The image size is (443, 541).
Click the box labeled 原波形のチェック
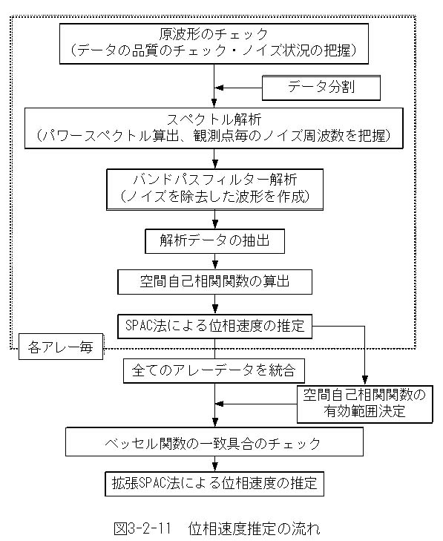[214, 44]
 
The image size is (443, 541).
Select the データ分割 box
[321, 88]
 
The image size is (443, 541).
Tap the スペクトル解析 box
[214, 128]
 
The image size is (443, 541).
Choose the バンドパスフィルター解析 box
[214, 189]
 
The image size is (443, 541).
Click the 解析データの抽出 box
[214, 241]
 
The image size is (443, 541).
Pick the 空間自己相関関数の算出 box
[214, 282]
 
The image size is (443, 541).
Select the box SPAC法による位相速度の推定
[214, 326]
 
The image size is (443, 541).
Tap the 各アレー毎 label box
[61, 347]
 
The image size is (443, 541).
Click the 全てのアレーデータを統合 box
[214, 370]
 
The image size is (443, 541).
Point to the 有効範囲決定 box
[364, 404]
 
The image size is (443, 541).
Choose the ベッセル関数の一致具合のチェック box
[214, 442]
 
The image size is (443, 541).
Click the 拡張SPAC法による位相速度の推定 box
[214, 484]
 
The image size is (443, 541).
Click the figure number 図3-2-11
[142, 528]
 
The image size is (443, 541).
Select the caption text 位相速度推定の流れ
[255, 528]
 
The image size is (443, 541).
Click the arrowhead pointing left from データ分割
[219, 88]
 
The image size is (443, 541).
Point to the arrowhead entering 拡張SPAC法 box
[215, 467]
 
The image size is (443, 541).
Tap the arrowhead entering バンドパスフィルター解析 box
[215, 164]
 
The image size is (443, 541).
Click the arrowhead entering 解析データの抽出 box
[215, 224]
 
